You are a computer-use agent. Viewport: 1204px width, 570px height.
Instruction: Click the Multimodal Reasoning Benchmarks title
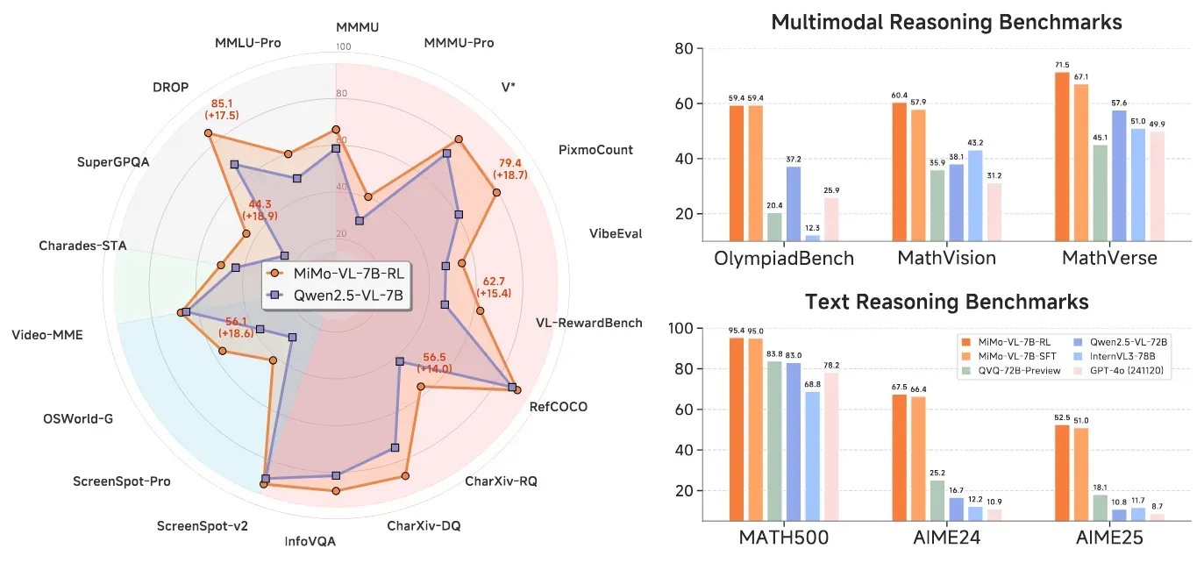946,22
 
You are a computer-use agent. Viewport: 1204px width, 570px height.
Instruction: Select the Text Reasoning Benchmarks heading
946,303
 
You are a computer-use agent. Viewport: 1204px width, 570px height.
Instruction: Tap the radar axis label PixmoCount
595,150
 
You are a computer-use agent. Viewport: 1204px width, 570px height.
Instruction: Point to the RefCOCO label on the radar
559,407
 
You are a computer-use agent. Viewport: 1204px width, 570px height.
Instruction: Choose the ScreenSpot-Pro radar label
121,481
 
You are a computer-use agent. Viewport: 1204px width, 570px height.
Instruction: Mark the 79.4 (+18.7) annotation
509,169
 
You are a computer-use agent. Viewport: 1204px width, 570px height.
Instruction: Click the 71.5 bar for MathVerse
1062,156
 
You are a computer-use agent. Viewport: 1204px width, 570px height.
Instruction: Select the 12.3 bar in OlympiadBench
813,237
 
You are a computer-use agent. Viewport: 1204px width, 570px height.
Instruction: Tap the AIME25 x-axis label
1109,542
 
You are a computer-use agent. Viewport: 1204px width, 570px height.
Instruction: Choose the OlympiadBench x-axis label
784,258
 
